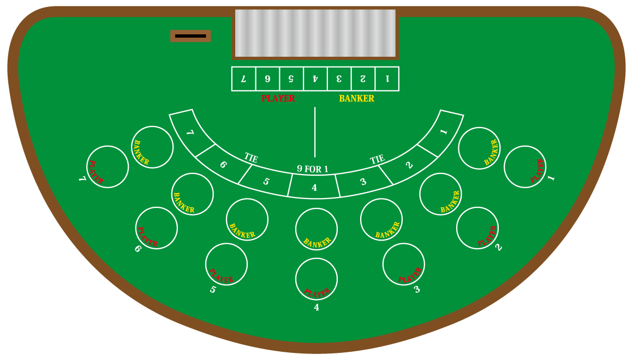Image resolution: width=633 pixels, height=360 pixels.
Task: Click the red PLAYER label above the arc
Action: pos(278,99)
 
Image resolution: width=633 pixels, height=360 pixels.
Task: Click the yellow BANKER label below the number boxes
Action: pos(356,99)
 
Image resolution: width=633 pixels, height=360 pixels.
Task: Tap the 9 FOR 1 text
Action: pos(313,169)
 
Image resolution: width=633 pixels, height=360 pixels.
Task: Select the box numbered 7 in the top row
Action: pos(244,79)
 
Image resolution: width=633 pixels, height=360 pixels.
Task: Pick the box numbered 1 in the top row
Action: pos(387,79)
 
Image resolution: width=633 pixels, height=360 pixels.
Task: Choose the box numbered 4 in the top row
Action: pos(315,79)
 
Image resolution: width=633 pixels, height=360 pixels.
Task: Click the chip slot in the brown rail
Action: pos(190,36)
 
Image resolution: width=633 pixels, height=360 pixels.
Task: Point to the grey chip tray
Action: pos(315,33)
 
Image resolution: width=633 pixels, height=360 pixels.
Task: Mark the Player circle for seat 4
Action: pos(316,279)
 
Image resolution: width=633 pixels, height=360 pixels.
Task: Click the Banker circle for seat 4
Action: pos(316,229)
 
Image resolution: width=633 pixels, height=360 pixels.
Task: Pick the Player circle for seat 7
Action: pos(108,166)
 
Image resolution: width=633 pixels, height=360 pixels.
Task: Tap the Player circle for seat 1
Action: pos(525,166)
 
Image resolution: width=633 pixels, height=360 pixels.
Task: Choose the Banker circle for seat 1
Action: pos(479,148)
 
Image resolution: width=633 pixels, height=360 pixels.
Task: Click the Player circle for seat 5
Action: pos(226,264)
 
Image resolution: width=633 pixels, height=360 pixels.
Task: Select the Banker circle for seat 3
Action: pos(381,219)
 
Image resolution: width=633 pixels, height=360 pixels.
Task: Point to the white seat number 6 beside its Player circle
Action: pos(138,249)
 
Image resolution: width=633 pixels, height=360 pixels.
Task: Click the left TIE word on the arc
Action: pos(251,158)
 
